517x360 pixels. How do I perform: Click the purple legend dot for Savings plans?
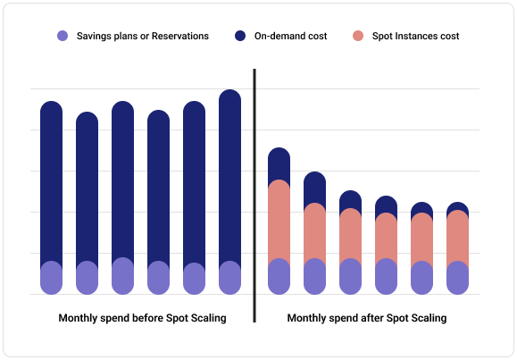pyautogui.click(x=63, y=37)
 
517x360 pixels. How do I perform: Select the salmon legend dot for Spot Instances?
pyautogui.click(x=356, y=37)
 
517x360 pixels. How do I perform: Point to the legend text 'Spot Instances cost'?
pyautogui.click(x=416, y=37)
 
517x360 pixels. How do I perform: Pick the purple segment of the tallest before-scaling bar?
pyautogui.click(x=229, y=278)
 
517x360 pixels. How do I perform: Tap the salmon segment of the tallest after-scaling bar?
pyautogui.click(x=279, y=220)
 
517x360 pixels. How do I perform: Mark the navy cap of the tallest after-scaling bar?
pyautogui.click(x=279, y=163)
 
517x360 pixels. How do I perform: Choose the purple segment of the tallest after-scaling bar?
pyautogui.click(x=279, y=276)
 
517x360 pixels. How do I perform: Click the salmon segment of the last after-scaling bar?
pyautogui.click(x=458, y=236)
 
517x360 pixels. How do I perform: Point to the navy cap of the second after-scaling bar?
pyautogui.click(x=315, y=187)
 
